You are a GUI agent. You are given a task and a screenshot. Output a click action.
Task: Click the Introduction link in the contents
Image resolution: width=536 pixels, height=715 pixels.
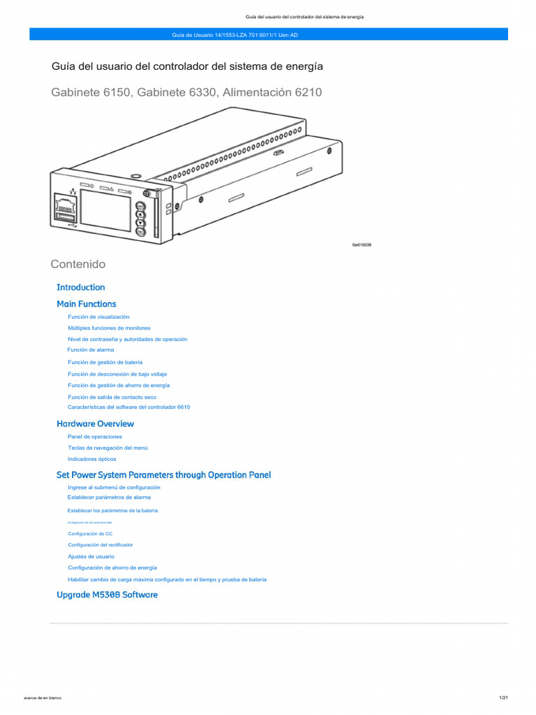coord(80,287)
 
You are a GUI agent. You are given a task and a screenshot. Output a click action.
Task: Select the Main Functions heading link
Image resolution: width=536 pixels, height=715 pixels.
coord(86,304)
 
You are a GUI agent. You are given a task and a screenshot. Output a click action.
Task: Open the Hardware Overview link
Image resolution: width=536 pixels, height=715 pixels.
coord(95,424)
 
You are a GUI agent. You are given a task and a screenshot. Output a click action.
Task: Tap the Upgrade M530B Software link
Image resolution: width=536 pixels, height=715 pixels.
coord(107,595)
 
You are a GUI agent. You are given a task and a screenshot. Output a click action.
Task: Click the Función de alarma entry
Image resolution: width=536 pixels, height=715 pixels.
coord(91,350)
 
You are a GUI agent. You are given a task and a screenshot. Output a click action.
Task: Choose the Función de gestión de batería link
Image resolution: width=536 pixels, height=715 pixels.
coord(105,362)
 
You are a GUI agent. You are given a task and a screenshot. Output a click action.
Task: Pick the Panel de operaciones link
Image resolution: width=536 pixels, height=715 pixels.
coord(94,436)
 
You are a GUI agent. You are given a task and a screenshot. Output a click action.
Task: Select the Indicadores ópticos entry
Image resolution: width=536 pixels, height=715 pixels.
coord(91,459)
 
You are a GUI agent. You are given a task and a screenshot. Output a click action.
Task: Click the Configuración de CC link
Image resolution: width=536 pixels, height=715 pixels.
coord(90,533)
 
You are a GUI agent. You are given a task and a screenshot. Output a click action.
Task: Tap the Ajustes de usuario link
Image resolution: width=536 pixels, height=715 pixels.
coord(91,556)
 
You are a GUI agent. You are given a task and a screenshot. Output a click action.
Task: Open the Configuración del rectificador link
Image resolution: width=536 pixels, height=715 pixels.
coord(100,545)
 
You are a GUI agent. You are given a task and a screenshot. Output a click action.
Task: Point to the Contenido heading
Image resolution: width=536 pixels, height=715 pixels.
coord(78,264)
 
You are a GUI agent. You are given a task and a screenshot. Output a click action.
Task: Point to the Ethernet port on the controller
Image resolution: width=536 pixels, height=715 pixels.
coord(65,206)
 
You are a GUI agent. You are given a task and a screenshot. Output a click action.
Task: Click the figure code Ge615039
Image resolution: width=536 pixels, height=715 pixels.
coord(361,245)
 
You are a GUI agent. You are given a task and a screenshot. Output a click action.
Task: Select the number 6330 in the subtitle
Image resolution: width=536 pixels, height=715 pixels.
coord(202,91)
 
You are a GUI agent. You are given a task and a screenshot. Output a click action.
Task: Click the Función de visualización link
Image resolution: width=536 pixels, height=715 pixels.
coord(98,317)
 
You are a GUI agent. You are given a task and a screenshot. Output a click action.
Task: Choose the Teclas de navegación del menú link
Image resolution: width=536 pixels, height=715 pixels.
coord(107,448)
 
